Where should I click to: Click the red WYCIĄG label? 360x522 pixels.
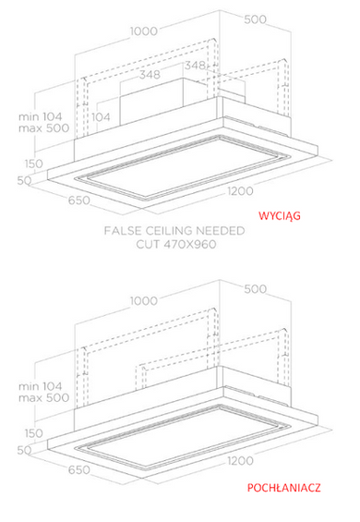point(280,215)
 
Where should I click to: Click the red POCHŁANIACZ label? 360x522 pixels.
point(283,488)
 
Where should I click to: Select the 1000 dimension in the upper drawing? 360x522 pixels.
point(144,31)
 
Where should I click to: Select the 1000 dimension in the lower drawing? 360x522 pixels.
point(144,301)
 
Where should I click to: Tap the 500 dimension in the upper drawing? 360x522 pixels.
point(255,19)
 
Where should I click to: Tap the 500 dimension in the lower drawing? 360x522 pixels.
point(255,289)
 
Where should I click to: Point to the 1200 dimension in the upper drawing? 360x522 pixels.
point(241,191)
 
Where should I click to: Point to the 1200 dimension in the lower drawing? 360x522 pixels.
point(241,461)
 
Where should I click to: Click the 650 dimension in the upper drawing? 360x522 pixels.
point(78,200)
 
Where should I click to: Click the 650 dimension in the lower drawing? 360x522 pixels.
point(78,470)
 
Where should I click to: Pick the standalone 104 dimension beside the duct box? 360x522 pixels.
point(101,117)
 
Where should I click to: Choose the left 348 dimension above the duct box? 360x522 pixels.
point(150,75)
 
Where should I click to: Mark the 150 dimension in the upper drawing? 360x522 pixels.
point(34,164)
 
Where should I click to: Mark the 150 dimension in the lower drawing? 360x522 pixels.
point(34,433)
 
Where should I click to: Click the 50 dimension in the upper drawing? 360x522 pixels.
point(25,180)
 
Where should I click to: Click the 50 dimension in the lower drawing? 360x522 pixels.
point(25,450)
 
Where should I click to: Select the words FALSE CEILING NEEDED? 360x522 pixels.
point(174,231)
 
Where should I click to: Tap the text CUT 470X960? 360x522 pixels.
point(176,244)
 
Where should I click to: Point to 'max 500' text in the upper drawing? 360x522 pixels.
point(44,128)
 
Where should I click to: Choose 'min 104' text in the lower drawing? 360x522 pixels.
point(41,386)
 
